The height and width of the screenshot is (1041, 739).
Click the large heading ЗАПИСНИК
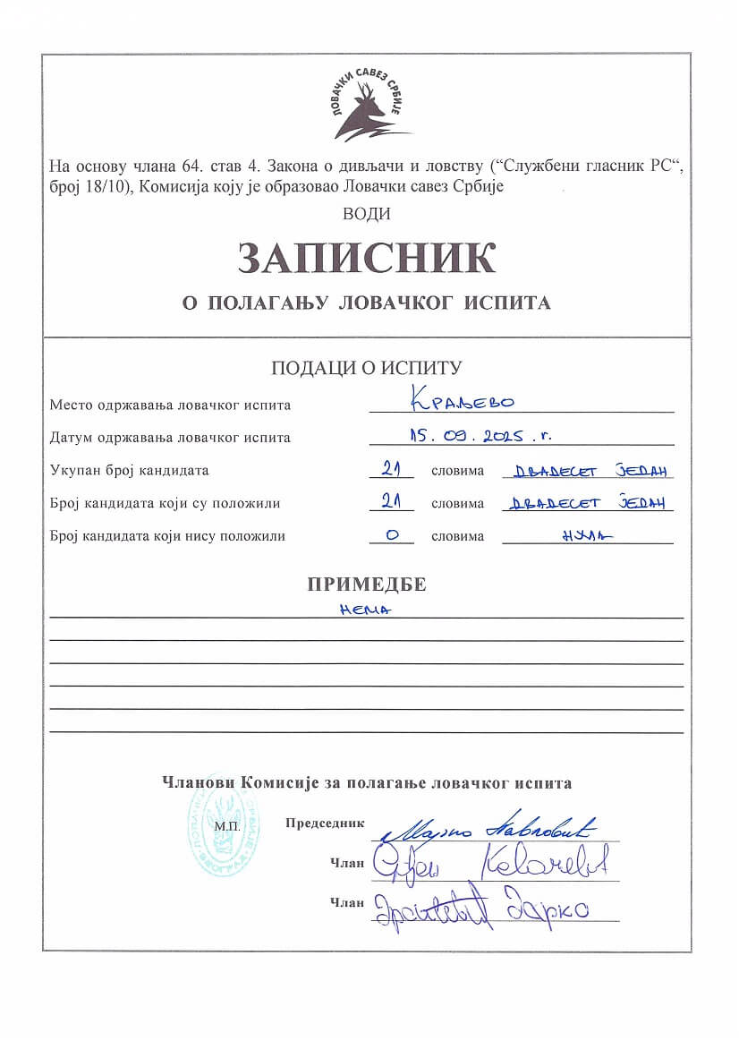coord(367,258)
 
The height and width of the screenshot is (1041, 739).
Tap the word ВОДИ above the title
coord(367,214)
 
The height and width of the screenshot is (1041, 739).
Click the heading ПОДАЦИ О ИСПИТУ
coord(367,367)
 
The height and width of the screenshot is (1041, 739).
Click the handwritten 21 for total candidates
coord(391,468)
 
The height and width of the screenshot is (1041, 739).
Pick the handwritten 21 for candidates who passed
coord(391,501)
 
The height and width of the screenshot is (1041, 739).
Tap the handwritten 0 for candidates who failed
coord(391,534)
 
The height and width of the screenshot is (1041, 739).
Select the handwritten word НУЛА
coord(587,535)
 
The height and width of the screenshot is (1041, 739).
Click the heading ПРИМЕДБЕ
coord(367,585)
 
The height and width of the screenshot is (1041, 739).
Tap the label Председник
coord(325,822)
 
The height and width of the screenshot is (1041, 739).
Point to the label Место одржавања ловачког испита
coord(170,405)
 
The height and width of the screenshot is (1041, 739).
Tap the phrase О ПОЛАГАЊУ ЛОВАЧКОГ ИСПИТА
coord(367,303)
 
